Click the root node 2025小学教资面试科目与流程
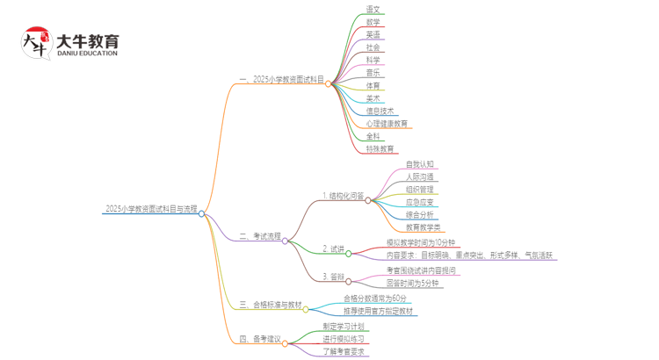point(150,209)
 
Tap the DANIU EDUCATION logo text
point(87,53)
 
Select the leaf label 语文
point(373,9)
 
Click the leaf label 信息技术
point(381,112)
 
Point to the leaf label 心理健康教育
point(387,124)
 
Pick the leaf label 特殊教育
point(380,149)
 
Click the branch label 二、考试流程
point(260,236)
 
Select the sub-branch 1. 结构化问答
point(342,196)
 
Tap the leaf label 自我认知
point(419,164)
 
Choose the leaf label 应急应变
point(419,202)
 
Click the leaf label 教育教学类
point(423,227)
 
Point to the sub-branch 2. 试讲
point(333,248)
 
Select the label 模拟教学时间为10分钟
point(421,242)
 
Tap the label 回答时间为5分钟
point(412,284)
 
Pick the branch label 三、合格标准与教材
point(270,305)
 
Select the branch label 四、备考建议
point(260,338)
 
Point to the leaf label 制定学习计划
point(343,327)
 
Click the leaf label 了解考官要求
point(343,351)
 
